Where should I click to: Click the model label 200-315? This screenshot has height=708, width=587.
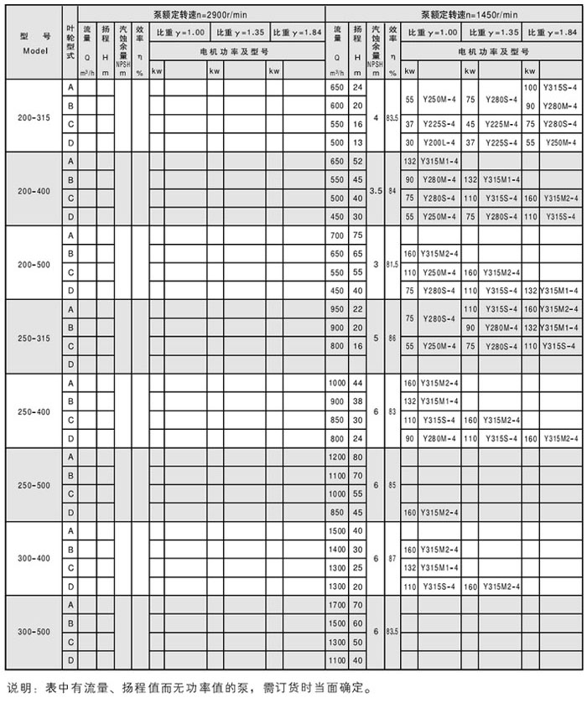[x=34, y=117]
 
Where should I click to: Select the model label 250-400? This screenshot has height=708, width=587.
[x=34, y=411]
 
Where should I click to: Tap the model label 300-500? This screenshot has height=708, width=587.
[x=34, y=633]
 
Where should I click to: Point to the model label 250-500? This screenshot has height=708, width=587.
[x=34, y=485]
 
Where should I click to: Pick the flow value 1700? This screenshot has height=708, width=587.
[x=337, y=604]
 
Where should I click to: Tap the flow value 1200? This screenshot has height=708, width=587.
[x=337, y=457]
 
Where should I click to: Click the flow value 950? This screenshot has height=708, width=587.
[x=337, y=309]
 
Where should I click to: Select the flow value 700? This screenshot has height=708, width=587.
[x=337, y=235]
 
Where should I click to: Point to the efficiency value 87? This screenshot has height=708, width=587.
[x=392, y=558]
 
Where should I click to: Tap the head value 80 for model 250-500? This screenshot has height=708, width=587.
[x=358, y=457]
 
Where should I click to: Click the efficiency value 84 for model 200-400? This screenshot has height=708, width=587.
[x=392, y=191]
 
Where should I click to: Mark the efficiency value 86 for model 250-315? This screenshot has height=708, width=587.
[x=392, y=338]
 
